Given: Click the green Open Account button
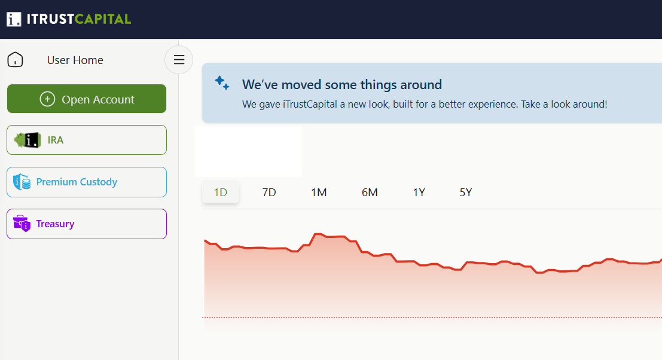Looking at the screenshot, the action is click(x=87, y=99).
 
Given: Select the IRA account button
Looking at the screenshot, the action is click(x=87, y=140).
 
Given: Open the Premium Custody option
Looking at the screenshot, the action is click(x=87, y=182).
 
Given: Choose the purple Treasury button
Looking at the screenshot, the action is click(x=87, y=224).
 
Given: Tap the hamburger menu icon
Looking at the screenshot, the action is click(x=179, y=60).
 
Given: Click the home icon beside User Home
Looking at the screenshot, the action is click(x=15, y=60).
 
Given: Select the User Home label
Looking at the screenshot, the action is click(x=75, y=60).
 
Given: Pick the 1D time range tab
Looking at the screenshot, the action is click(x=221, y=193).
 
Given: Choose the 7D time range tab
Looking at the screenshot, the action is click(x=269, y=193).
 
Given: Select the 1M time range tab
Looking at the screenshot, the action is click(x=319, y=193).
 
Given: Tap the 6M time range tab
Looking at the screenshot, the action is click(x=370, y=193).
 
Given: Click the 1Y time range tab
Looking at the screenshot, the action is click(x=419, y=193).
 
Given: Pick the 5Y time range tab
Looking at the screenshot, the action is click(x=466, y=193).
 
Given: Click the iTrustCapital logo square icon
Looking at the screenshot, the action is click(x=14, y=19).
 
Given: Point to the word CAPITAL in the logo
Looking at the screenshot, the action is click(x=103, y=19).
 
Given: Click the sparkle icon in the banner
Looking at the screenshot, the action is click(x=222, y=83).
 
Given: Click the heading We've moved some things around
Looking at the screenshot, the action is click(x=342, y=84).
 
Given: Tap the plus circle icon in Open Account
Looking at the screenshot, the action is click(x=47, y=99).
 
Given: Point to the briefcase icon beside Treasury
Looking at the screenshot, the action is click(x=22, y=223).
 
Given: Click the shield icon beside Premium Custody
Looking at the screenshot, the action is click(x=22, y=182).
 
